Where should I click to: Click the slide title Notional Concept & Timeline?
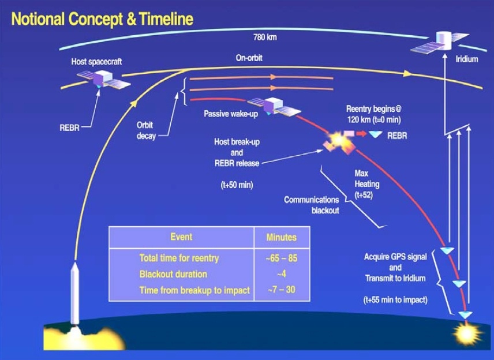pos(102,19)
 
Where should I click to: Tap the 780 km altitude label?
pos(265,37)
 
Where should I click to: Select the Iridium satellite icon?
pos(440,42)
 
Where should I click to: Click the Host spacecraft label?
pos(96,61)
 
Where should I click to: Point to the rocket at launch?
pos(74,294)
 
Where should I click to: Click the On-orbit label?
pos(249,58)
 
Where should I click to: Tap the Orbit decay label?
pos(146,131)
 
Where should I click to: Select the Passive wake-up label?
pos(231,114)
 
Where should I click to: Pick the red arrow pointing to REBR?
pos(362,133)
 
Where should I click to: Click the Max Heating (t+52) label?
pos(366,184)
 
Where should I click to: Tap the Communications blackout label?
pos(312,205)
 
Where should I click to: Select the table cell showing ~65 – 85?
pos(282,258)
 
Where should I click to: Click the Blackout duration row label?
pos(173,274)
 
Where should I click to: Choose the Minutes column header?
pos(282,237)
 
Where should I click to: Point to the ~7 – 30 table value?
pos(282,290)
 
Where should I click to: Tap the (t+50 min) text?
pos(237,185)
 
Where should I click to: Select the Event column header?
pos(181,237)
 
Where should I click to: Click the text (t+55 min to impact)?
pos(395,299)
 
